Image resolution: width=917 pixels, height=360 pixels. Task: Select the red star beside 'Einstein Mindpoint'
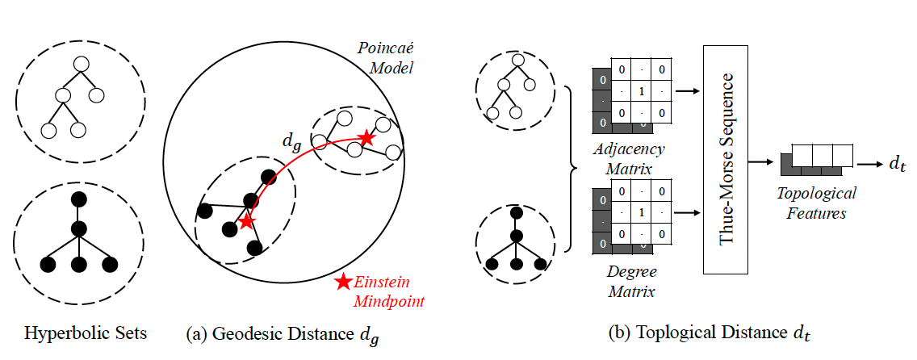tap(344, 282)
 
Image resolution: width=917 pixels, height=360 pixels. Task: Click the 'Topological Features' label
tap(816, 202)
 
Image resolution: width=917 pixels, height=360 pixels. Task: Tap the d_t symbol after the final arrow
tap(896, 164)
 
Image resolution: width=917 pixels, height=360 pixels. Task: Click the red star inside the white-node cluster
tap(366, 139)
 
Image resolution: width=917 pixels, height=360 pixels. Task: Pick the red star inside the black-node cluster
tap(246, 220)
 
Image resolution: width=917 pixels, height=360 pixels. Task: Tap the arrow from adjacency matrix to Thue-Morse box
tap(686, 92)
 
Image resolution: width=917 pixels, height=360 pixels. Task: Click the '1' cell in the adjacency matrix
tap(641, 91)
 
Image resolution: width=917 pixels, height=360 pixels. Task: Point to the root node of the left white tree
tap(79, 63)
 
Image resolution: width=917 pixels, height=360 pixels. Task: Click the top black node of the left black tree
tap(79, 199)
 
